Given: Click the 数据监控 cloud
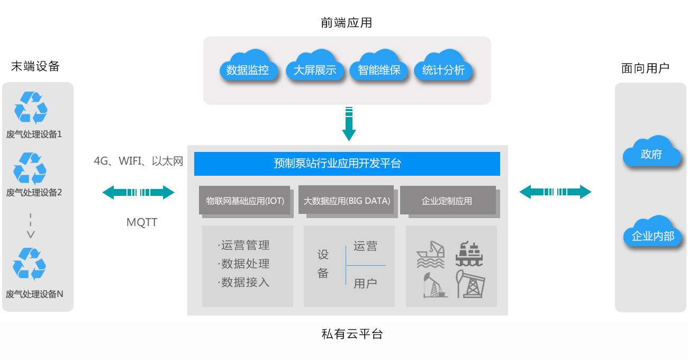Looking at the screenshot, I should click(247, 68).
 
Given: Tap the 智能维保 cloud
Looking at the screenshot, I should click(379, 68).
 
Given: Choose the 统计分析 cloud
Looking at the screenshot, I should click(443, 68).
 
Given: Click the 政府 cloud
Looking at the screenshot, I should click(651, 153).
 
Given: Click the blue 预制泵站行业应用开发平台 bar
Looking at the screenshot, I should click(347, 164).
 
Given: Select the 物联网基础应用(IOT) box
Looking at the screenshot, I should click(245, 201).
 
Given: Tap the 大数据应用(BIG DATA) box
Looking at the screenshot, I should click(347, 201).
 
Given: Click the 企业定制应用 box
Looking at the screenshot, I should click(447, 201).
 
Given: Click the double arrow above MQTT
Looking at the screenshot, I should click(139, 192).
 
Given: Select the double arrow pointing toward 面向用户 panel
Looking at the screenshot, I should click(555, 192).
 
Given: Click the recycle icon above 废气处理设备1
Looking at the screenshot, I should click(31, 107).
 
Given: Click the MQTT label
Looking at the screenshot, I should click(142, 222).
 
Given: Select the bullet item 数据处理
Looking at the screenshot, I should click(245, 264).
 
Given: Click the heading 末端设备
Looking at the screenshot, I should click(35, 67).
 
